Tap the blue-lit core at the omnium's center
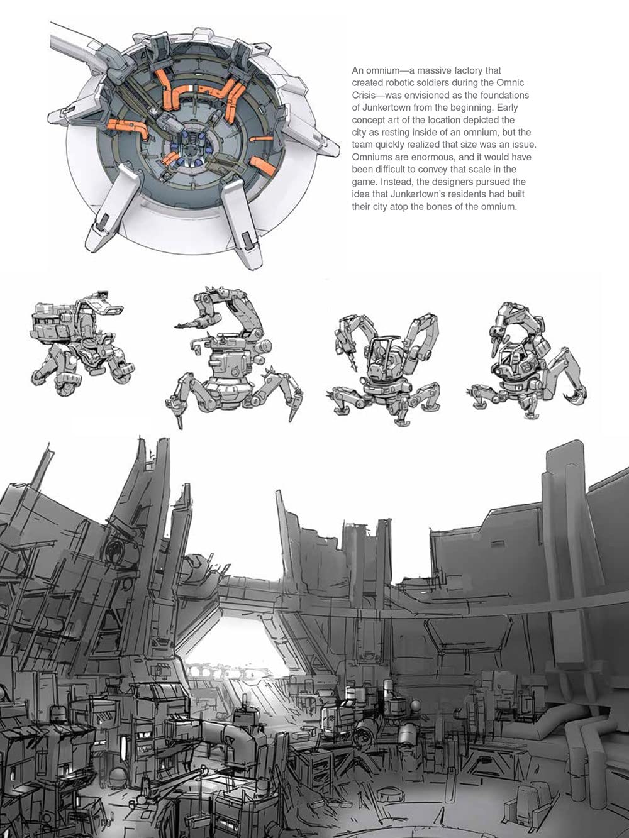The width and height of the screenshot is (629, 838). (189, 151)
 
